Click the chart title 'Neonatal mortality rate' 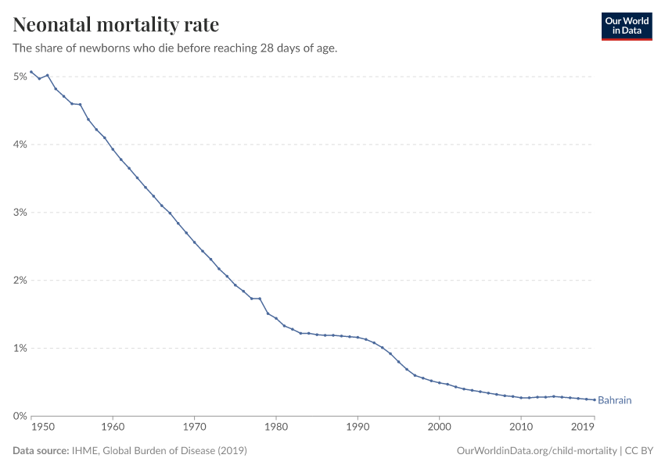tap(116, 25)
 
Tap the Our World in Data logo tap(626, 26)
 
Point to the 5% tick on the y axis tap(20, 77)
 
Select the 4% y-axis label tap(20, 145)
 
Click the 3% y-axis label tap(20, 213)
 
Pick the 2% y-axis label tap(20, 281)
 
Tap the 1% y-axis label tap(20, 349)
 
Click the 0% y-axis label tap(20, 417)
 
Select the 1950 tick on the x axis tap(42, 428)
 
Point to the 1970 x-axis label tap(194, 428)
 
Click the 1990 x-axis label tap(358, 428)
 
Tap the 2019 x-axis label tap(582, 428)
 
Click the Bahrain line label tap(614, 400)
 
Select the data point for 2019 tap(594, 399)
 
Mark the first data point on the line tap(31, 72)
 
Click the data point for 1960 tap(113, 149)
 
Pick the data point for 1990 tap(358, 337)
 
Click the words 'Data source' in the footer tap(41, 451)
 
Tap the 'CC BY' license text tap(638, 451)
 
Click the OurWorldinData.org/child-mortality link tap(535, 451)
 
